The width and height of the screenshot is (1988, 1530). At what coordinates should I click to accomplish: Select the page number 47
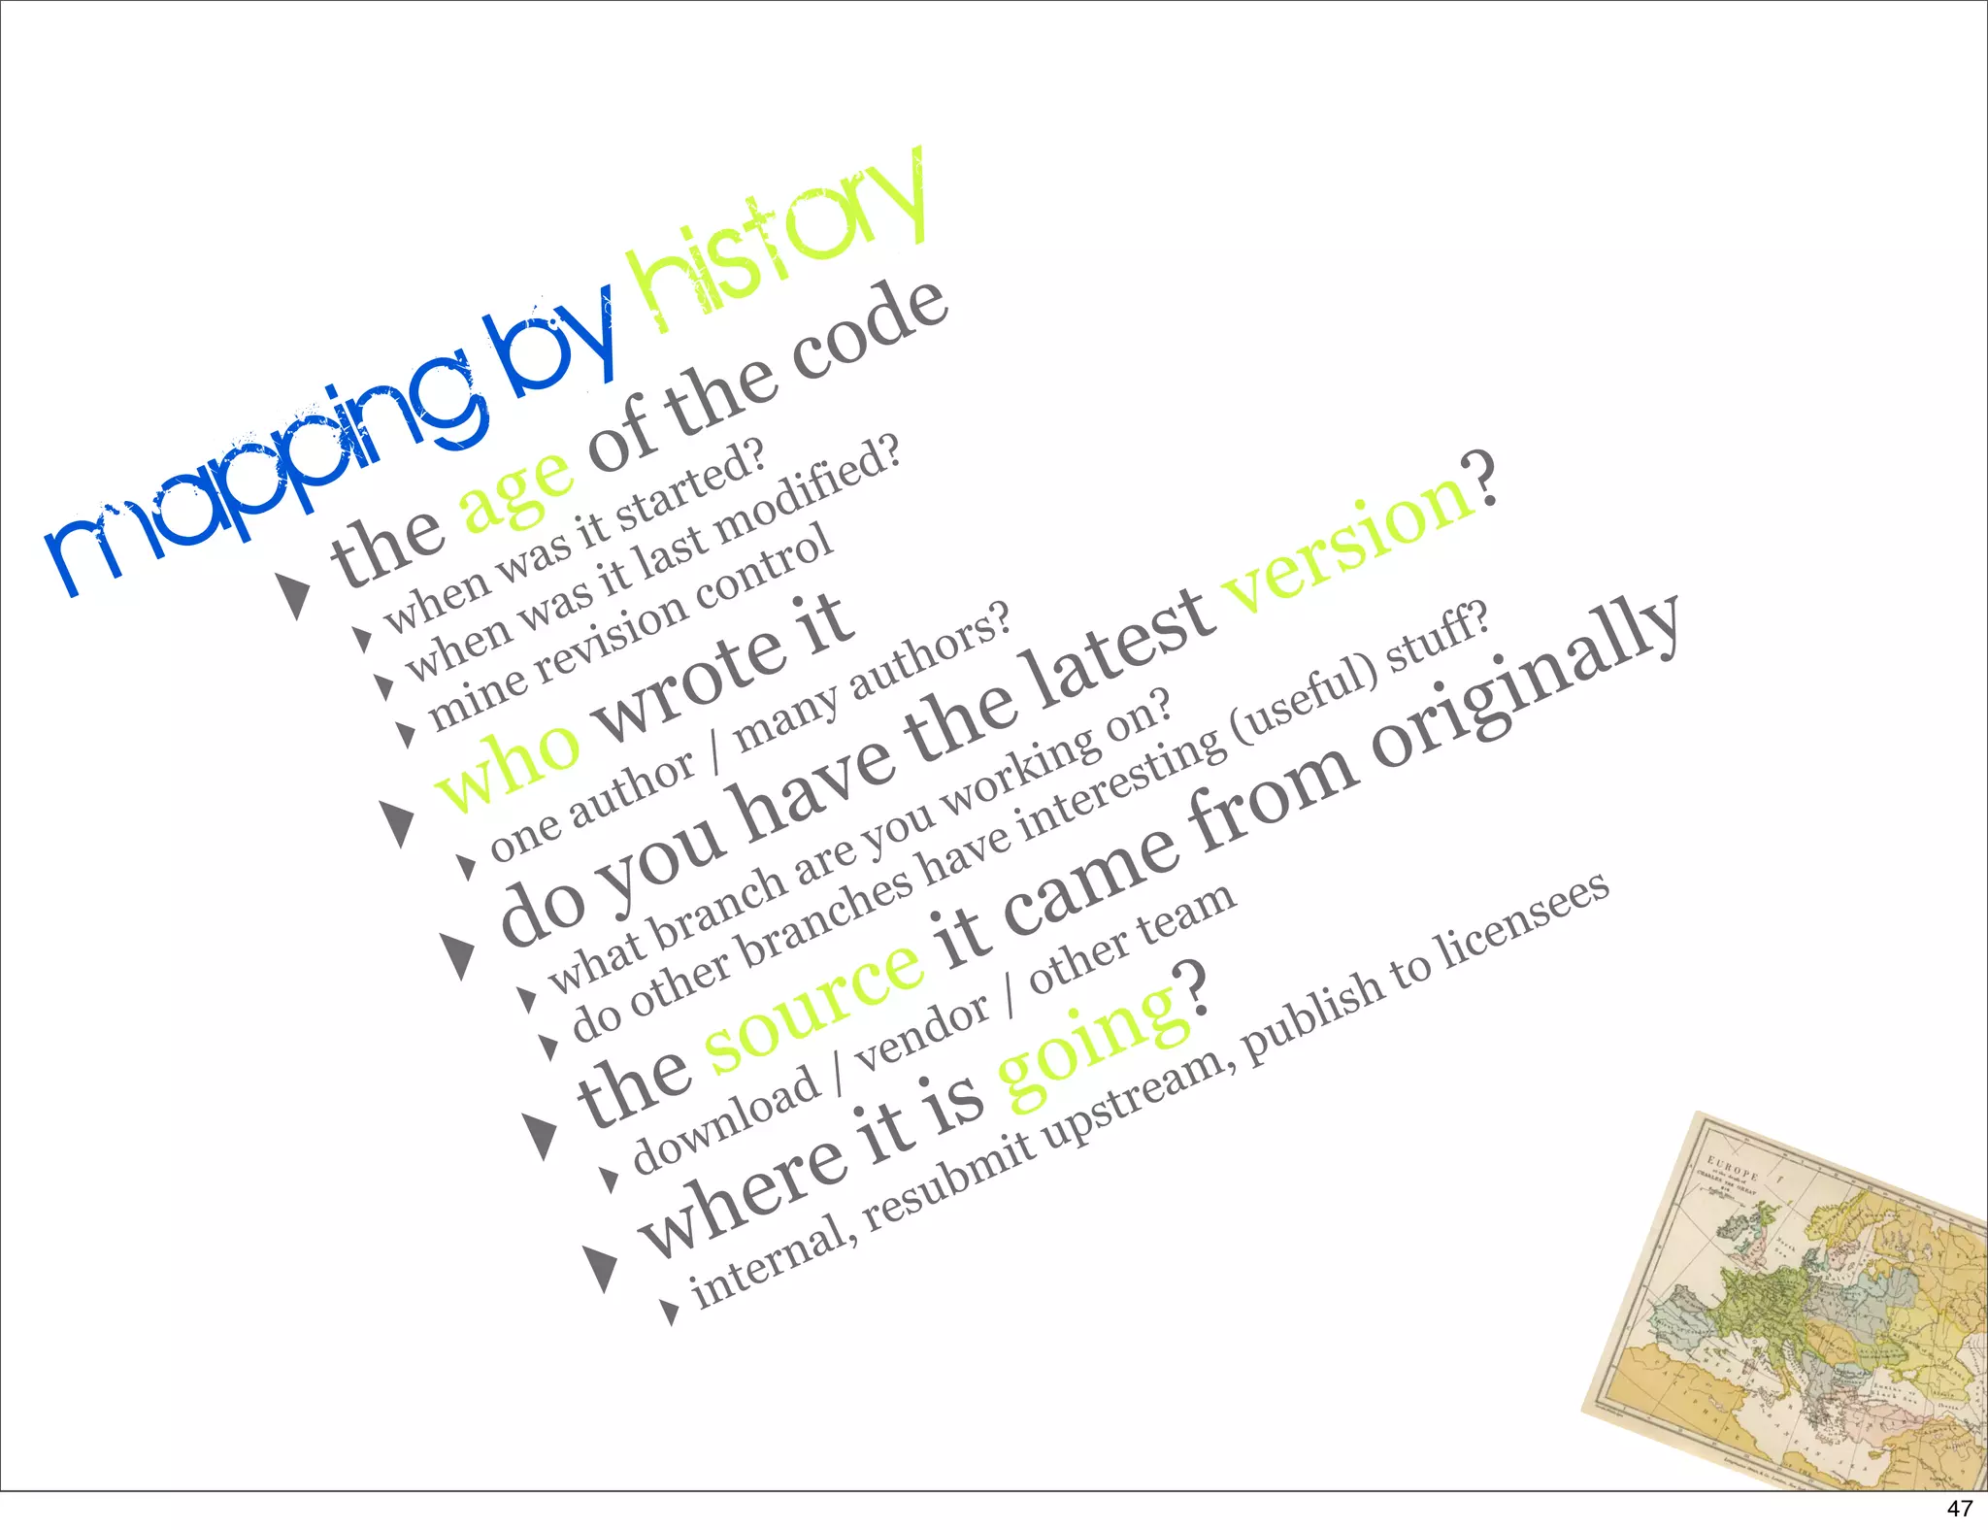point(1960,1509)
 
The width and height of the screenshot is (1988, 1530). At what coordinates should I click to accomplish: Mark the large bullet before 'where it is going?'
point(602,1267)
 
